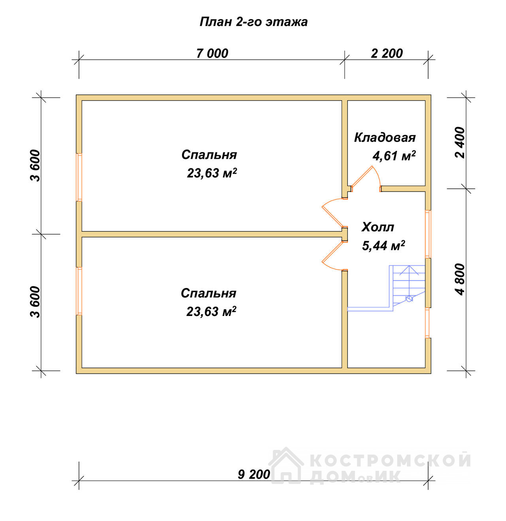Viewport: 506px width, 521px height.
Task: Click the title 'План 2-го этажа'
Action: [x=253, y=22]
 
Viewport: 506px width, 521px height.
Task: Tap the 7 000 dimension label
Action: [x=212, y=54]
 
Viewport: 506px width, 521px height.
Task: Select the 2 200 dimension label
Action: [x=387, y=54]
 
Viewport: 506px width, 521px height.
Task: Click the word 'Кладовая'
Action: [x=385, y=138]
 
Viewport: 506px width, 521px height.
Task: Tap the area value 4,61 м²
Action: [x=394, y=156]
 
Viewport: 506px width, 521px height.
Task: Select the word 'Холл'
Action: [x=378, y=227]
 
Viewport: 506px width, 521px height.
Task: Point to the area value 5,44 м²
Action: [x=383, y=245]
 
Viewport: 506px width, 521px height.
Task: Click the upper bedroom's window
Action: [x=79, y=177]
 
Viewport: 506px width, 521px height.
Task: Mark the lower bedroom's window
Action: [x=79, y=291]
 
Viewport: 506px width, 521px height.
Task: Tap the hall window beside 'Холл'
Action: [x=428, y=234]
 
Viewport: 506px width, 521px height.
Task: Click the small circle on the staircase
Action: [x=409, y=299]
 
